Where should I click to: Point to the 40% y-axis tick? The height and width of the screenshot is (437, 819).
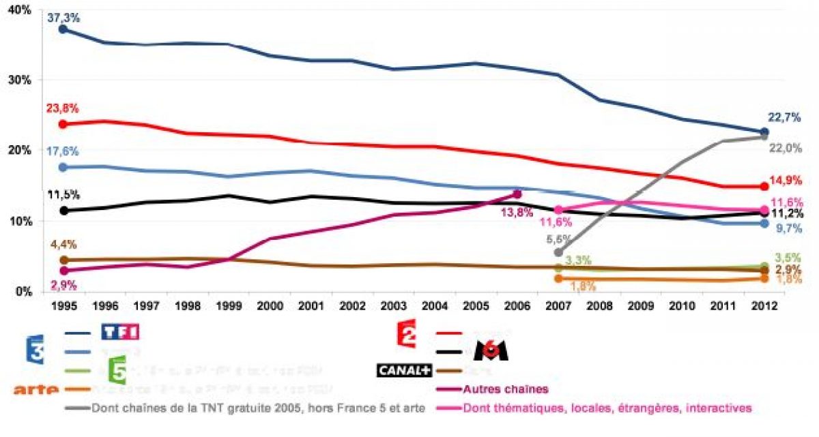click(20, 10)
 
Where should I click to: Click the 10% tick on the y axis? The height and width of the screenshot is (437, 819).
click(20, 222)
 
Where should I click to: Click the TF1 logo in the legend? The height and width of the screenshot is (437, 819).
click(120, 332)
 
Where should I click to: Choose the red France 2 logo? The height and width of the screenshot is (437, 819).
click(408, 333)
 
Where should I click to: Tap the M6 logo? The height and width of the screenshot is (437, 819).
click(491, 350)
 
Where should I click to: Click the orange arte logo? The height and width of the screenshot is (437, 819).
click(36, 389)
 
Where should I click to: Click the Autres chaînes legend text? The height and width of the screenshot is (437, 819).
click(505, 389)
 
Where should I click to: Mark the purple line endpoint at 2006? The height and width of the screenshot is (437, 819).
click(517, 194)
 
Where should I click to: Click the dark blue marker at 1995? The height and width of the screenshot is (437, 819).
click(63, 29)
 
